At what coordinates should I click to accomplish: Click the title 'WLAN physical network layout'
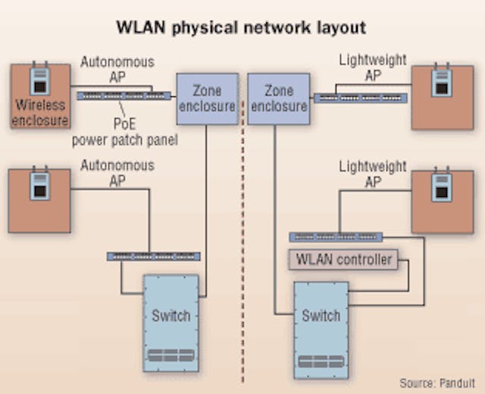[241, 28]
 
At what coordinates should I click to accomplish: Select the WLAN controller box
[343, 260]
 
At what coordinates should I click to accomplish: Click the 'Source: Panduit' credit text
[439, 383]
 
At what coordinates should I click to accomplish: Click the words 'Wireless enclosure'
[40, 114]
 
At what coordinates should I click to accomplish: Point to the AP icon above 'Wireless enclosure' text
[39, 82]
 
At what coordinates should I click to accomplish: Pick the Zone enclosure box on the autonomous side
[206, 98]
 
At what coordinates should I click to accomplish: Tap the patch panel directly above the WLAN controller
[336, 237]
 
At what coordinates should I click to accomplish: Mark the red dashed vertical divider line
[242, 227]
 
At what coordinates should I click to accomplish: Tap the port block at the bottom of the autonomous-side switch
[171, 356]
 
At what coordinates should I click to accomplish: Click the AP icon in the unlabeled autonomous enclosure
[39, 185]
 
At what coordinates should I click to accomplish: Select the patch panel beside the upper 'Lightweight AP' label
[360, 98]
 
